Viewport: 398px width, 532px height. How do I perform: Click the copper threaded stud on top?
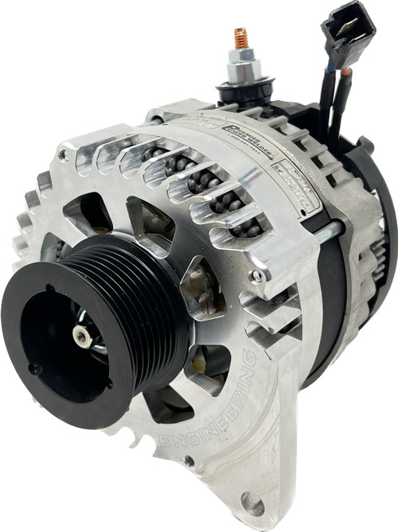pyautogui.click(x=240, y=37)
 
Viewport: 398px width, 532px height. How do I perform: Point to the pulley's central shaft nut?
pyautogui.click(x=82, y=336)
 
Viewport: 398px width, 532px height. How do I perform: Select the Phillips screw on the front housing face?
pyautogui.click(x=256, y=275)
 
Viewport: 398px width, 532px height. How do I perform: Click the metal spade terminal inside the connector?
pyautogui.click(x=344, y=21)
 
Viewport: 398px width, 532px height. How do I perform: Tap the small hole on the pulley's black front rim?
pyautogui.click(x=34, y=368)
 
